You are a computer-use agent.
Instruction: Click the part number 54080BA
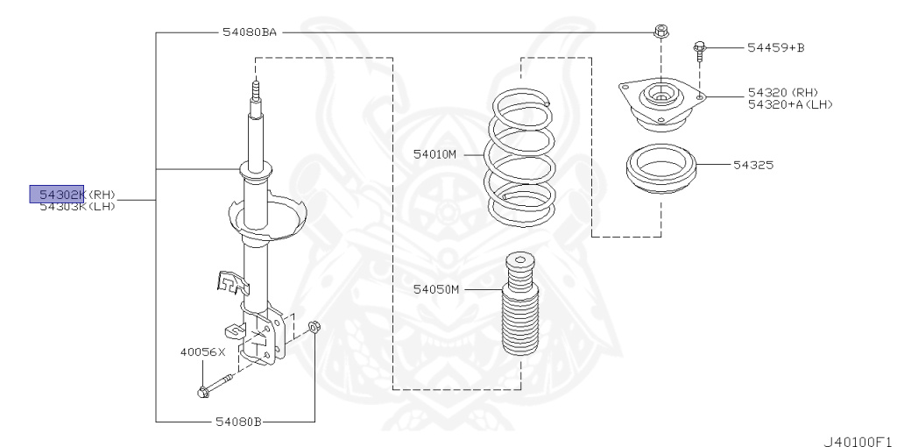tap(249, 32)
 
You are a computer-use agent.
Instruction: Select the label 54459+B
tap(774, 47)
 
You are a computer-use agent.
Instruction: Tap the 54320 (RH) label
tap(781, 92)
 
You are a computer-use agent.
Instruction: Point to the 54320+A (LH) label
tap(789, 103)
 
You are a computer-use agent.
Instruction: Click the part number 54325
tap(754, 164)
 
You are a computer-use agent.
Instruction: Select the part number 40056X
tap(202, 351)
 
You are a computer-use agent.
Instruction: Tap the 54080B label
tap(238, 422)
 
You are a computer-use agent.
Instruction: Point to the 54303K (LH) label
tap(77, 206)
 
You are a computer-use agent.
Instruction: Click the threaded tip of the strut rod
tap(256, 89)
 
